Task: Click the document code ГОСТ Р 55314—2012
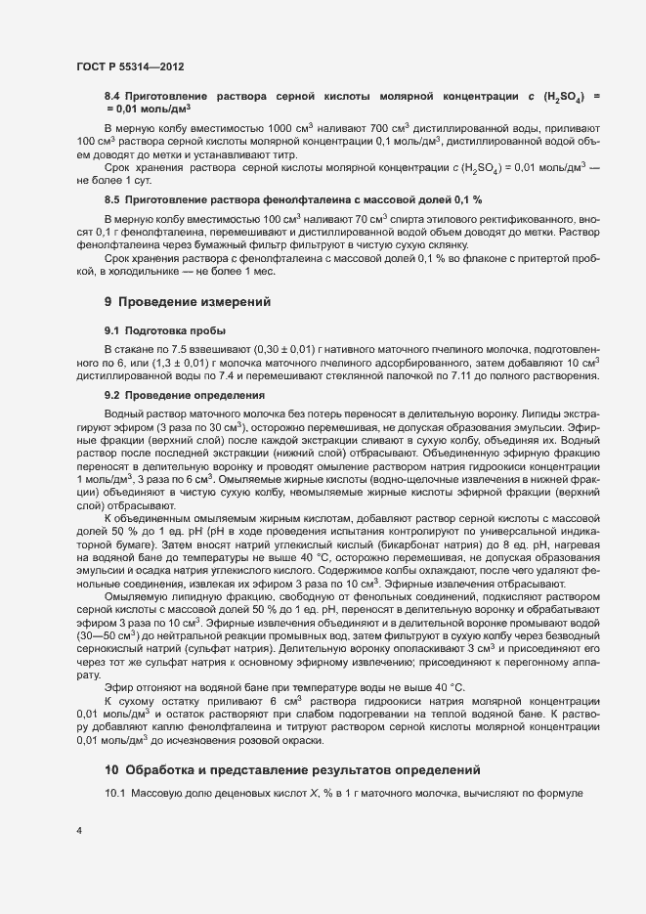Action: click(130, 65)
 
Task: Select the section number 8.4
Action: click(111, 97)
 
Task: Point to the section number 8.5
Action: click(111, 198)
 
